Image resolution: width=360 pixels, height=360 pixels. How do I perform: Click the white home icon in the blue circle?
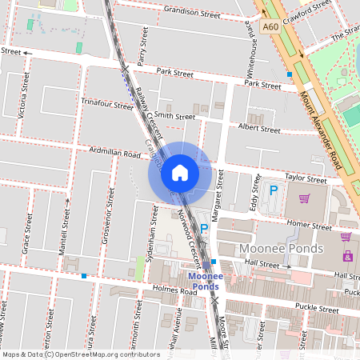(x=180, y=172)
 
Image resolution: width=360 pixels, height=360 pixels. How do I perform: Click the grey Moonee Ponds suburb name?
(x=281, y=249)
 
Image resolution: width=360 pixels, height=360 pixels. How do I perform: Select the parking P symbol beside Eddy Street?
(x=274, y=190)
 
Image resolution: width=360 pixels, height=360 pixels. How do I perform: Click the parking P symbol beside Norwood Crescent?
(x=203, y=229)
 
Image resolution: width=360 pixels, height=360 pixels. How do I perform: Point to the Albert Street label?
(x=259, y=129)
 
